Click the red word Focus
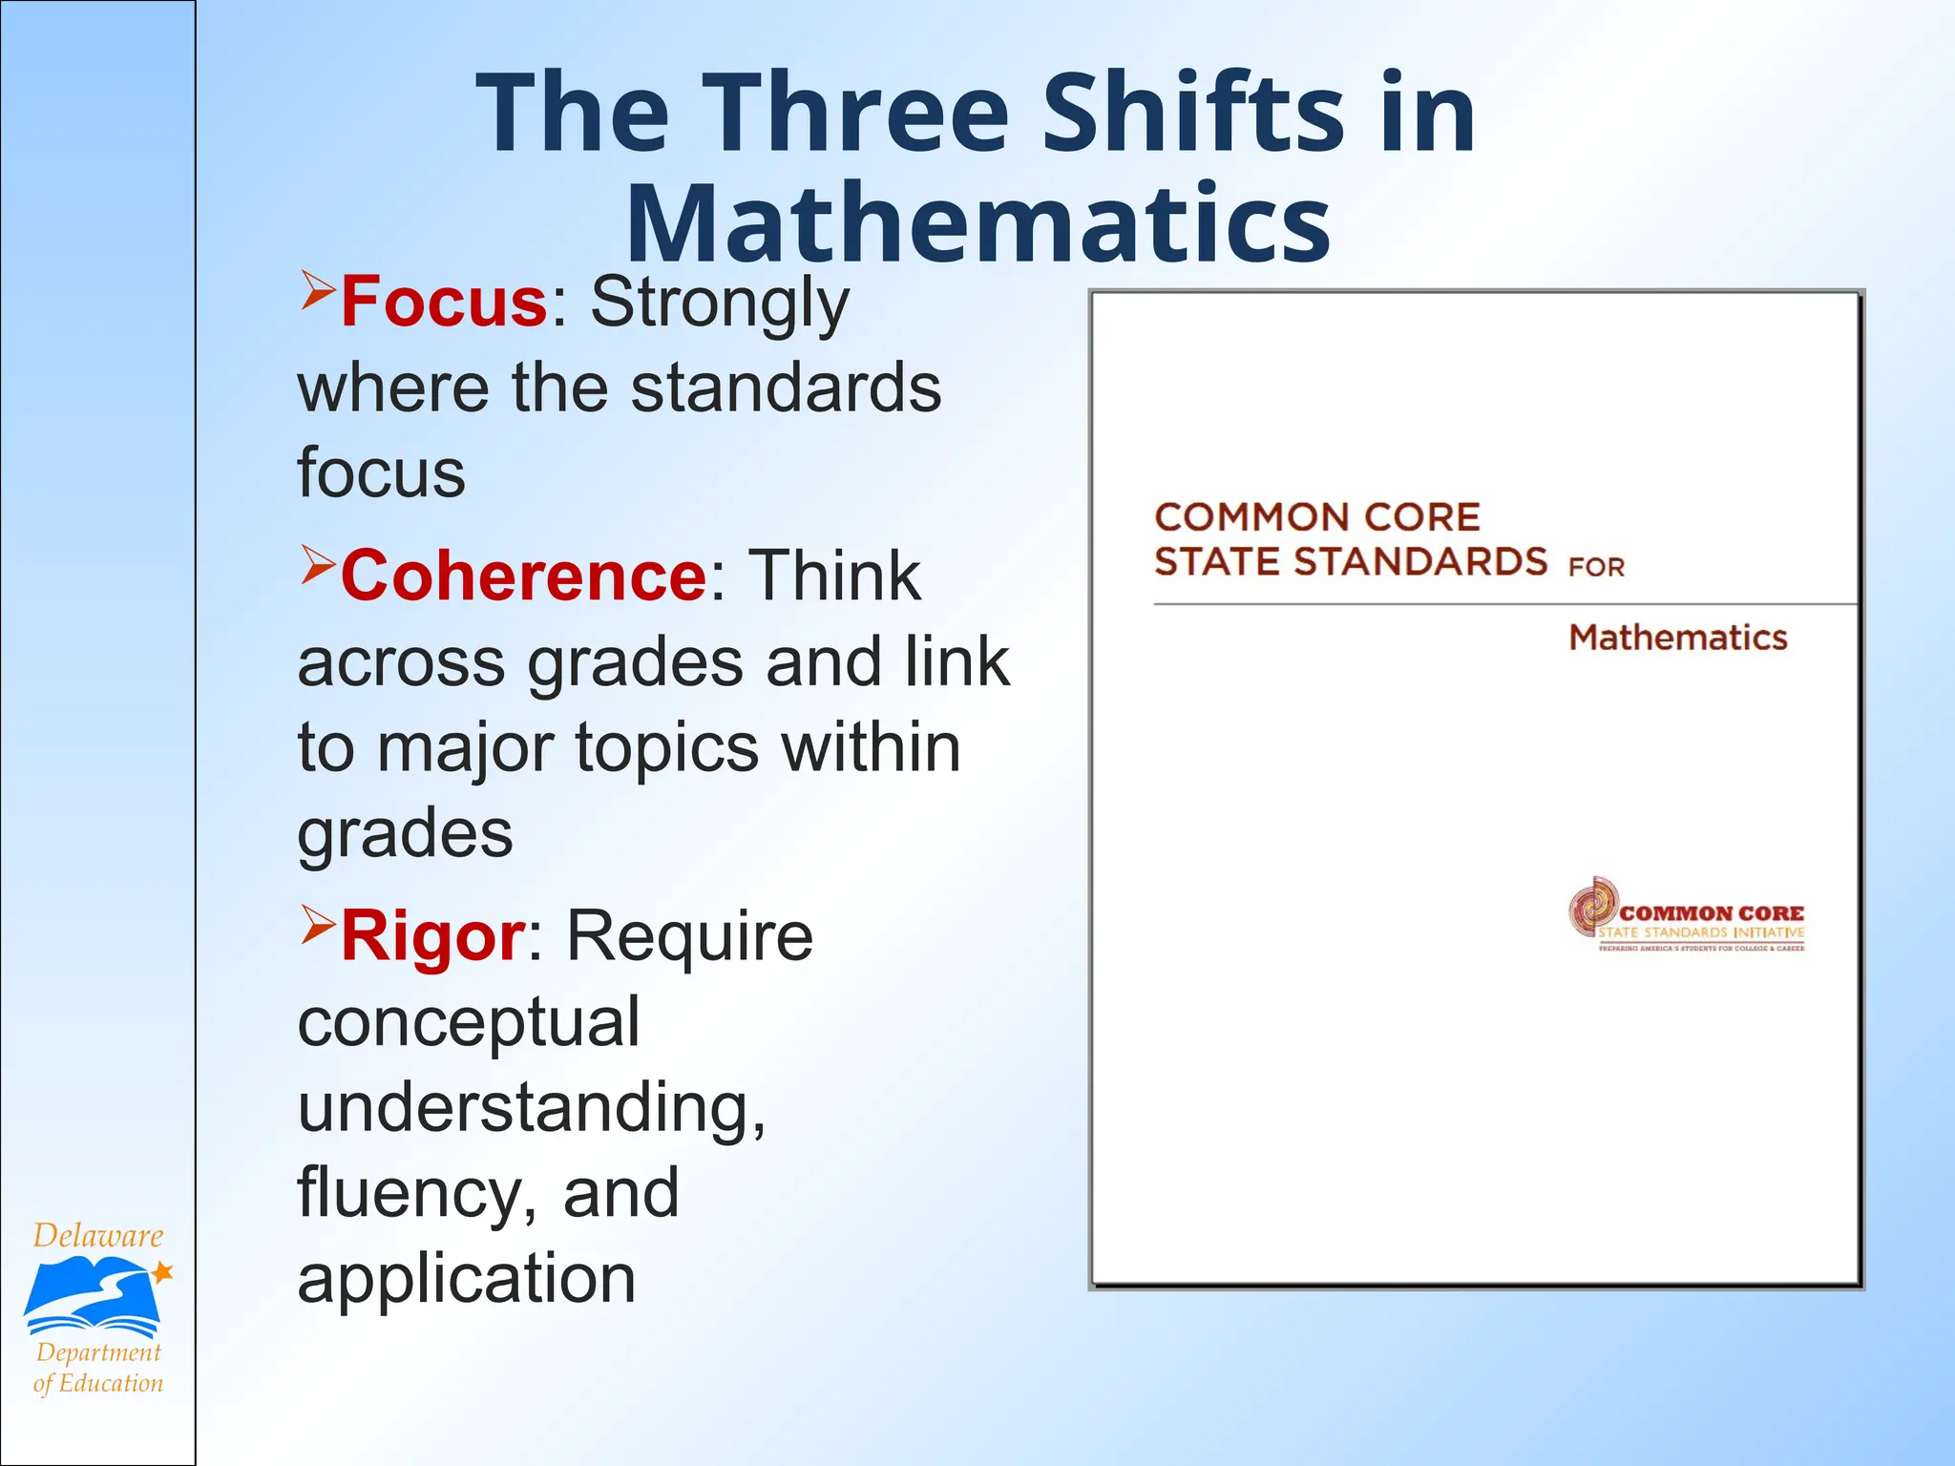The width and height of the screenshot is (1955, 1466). pos(443,302)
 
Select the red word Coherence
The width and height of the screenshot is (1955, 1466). pos(523,576)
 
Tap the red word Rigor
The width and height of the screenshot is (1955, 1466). pos(432,936)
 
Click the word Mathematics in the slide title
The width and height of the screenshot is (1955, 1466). pos(978,224)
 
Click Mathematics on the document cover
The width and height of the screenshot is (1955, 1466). pos(1677,638)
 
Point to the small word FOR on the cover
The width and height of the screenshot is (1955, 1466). pos(1596,568)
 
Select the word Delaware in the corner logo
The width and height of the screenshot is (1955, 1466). pos(97,1236)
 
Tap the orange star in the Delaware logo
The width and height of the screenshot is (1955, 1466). pos(163,1271)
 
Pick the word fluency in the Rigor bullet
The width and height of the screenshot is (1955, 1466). pos(410,1194)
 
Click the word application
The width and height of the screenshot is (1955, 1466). pos(466,1279)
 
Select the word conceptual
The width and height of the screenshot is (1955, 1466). pos(469,1023)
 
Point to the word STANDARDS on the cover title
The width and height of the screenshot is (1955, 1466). pos(1419,561)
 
